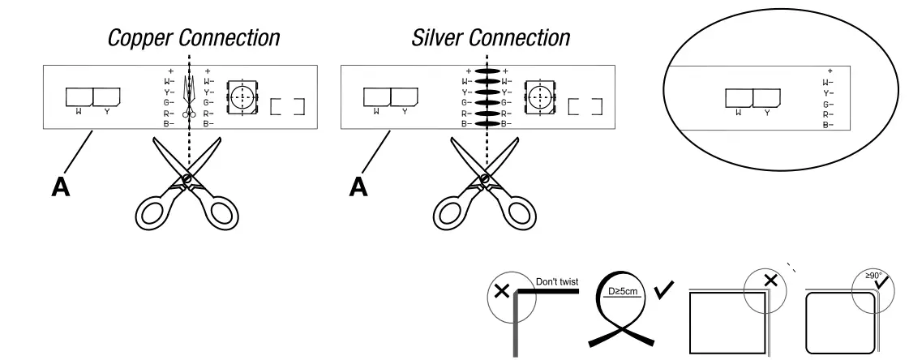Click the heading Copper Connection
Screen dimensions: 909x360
point(194,38)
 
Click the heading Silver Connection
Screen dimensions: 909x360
point(491,38)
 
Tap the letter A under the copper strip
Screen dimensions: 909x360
point(60,186)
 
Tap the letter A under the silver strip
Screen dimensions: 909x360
point(358,186)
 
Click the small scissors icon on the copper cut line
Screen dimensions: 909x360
point(189,96)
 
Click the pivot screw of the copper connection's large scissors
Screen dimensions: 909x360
point(187,179)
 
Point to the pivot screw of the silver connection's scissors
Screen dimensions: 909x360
point(485,179)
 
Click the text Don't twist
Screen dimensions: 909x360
point(556,281)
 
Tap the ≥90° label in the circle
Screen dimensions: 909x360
point(873,276)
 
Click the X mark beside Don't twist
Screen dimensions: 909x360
point(501,290)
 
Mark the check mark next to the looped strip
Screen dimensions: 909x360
point(663,289)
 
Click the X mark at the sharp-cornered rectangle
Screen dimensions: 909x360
point(770,281)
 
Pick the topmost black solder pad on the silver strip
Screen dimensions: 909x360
point(487,71)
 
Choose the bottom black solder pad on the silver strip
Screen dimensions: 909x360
point(487,123)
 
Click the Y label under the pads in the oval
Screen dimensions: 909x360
point(767,113)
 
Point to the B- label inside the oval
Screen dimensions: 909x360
point(828,125)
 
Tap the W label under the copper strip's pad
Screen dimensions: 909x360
point(79,111)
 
